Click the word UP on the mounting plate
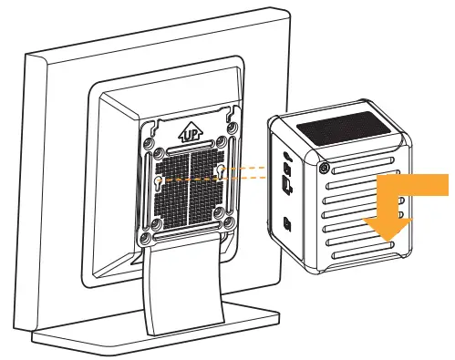(x=191, y=134)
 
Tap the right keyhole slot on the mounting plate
(x=219, y=170)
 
